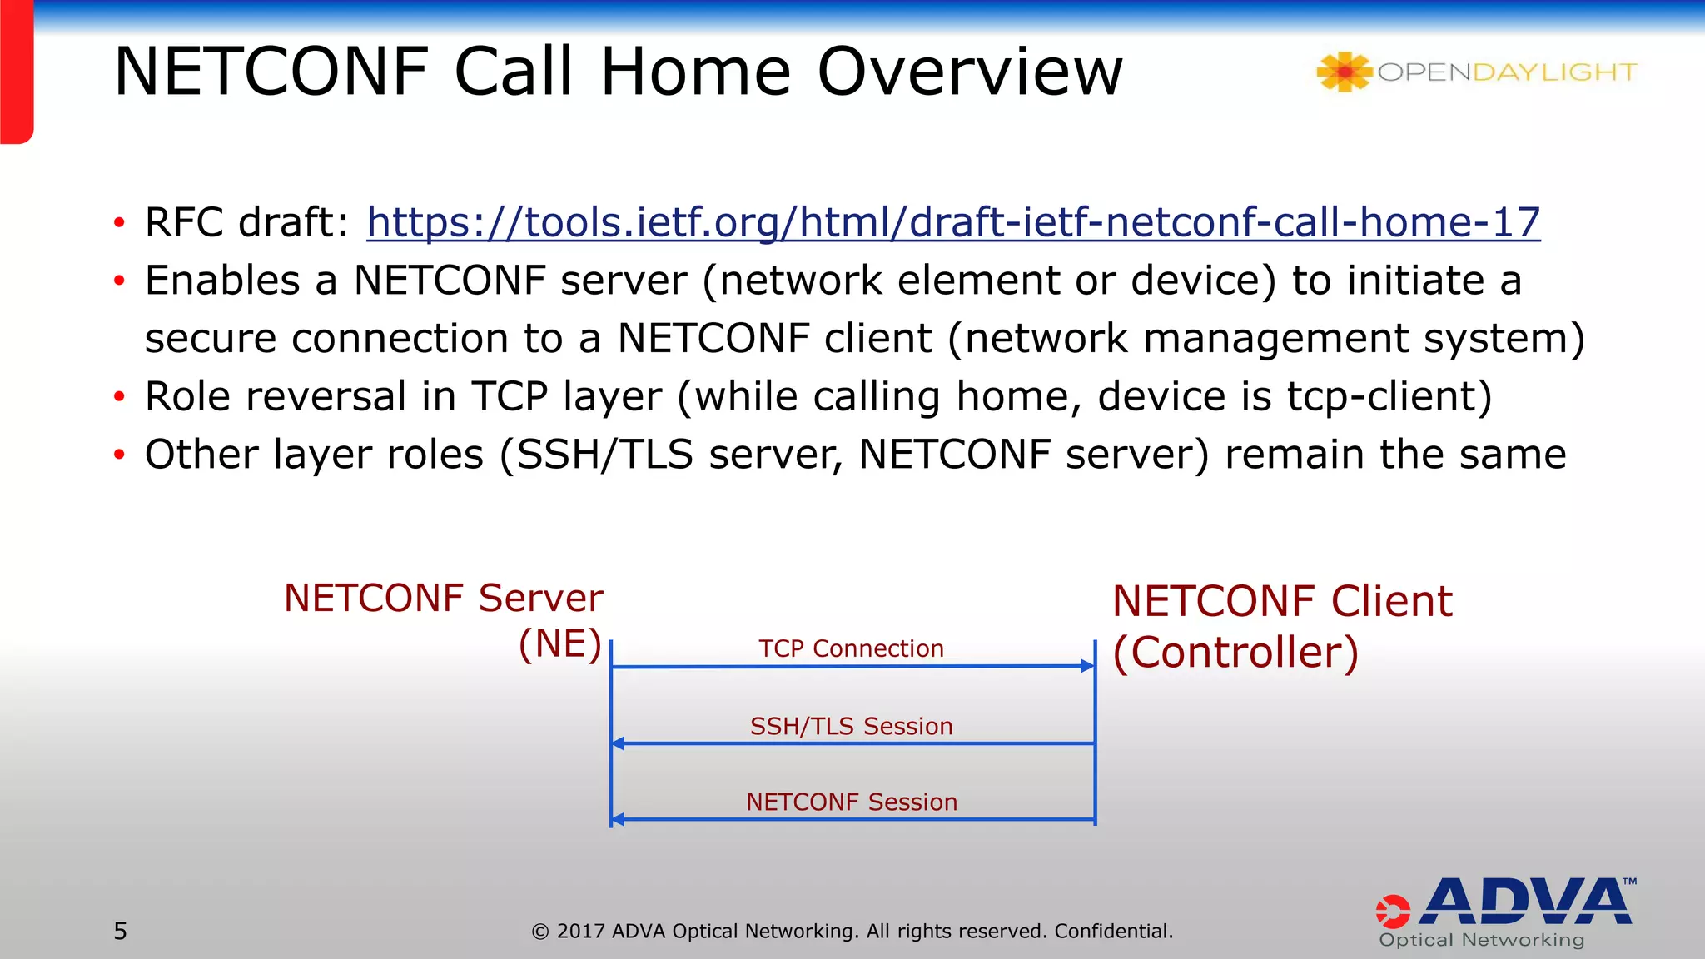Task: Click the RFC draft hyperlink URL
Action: [x=953, y=222]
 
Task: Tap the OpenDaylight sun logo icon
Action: [x=1344, y=72]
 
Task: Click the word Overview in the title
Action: [x=970, y=72]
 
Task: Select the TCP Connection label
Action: [x=851, y=648]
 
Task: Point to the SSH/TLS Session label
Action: [x=851, y=726]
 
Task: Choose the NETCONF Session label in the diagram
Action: [x=851, y=802]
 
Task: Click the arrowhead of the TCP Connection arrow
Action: [x=1087, y=666]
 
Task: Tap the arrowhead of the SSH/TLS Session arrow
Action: [x=619, y=743]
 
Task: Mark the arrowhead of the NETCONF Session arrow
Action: [x=619, y=820]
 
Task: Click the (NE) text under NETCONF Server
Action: [x=559, y=644]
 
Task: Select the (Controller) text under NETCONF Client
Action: [x=1235, y=652]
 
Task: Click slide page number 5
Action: [x=121, y=931]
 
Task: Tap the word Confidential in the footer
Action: [x=1113, y=931]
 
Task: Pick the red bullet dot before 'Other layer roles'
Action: [x=119, y=455]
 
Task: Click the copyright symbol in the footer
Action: [x=540, y=932]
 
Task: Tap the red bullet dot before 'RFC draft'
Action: [x=119, y=223]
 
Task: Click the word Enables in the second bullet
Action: [x=222, y=281]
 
